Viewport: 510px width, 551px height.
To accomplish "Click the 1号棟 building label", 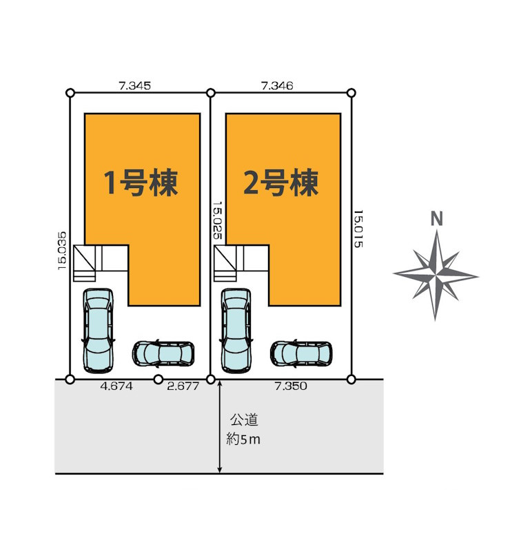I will (141, 183).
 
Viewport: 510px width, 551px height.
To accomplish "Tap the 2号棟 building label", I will (281, 183).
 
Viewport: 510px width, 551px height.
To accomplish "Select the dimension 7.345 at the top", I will (134, 86).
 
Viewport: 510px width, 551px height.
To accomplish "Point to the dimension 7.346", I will (277, 86).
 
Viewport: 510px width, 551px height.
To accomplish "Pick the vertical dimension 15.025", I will (217, 220).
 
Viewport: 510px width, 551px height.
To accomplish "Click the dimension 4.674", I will (116, 386).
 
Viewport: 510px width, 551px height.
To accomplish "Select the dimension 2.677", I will (183, 386).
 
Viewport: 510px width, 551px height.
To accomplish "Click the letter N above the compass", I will (436, 219).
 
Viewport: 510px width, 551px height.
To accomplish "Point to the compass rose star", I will (436, 274).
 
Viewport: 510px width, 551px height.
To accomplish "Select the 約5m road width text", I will (244, 438).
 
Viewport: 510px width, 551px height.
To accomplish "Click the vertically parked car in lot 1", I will (97, 330).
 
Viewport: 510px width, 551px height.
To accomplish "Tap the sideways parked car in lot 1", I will (163, 353).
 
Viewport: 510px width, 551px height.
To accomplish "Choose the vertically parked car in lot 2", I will (236, 330).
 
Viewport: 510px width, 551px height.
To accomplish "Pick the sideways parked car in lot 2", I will (301, 353).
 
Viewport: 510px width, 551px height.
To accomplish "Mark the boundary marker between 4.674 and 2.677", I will (158, 379).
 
